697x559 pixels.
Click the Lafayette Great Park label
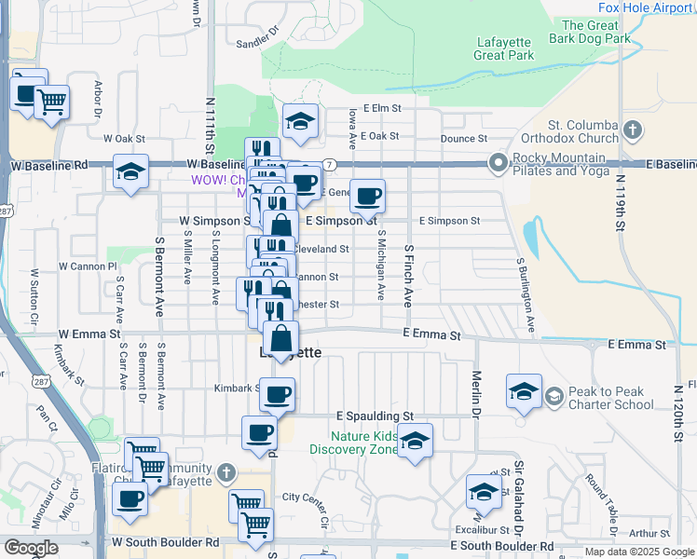pyautogui.click(x=504, y=48)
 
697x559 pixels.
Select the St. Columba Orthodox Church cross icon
pyautogui.click(x=633, y=130)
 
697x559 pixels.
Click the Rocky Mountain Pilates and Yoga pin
pyautogui.click(x=498, y=164)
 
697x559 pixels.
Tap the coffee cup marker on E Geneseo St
pyautogui.click(x=369, y=197)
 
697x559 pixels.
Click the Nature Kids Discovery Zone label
pyautogui.click(x=363, y=443)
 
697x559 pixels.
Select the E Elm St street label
pyautogui.click(x=382, y=108)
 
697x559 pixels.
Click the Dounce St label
pyautogui.click(x=464, y=139)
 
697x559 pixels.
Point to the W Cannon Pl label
pyautogui.click(x=87, y=266)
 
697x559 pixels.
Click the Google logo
pyautogui.click(x=31, y=548)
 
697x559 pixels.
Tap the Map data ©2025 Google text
pyautogui.click(x=638, y=552)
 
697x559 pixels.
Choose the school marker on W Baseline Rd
pyautogui.click(x=130, y=172)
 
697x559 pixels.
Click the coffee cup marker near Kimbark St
pyautogui.click(x=277, y=395)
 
